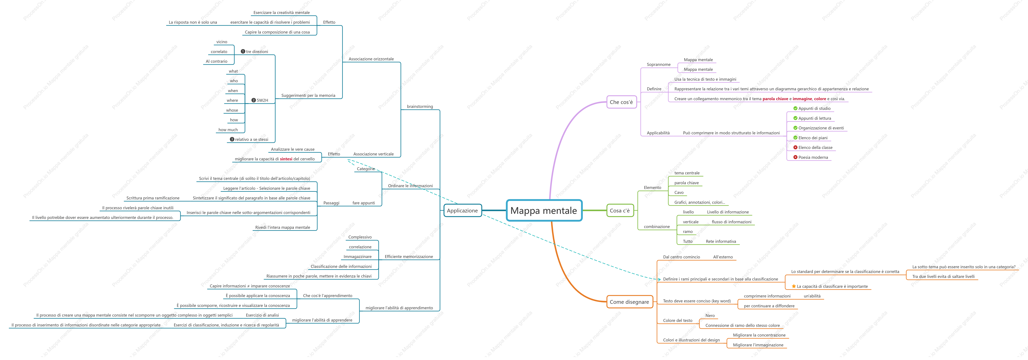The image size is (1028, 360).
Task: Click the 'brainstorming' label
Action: pyautogui.click(x=420, y=107)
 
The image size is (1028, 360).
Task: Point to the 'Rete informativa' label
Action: pyautogui.click(x=721, y=241)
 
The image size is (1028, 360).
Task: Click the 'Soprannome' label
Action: pyautogui.click(x=658, y=64)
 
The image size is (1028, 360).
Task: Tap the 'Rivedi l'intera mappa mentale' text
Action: pyautogui.click(x=282, y=227)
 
